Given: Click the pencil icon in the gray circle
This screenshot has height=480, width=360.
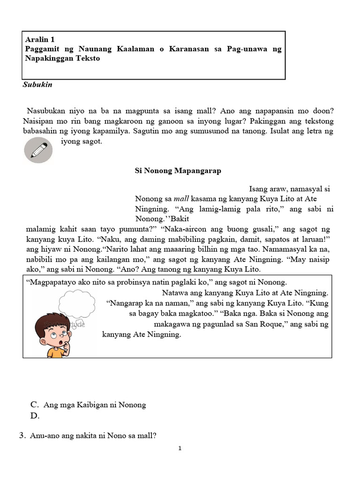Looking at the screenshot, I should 38,150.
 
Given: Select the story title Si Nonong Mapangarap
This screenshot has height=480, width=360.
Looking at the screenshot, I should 178,171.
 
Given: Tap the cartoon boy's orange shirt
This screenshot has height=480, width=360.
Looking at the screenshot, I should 56,352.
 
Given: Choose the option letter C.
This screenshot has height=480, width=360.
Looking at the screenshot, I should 34,405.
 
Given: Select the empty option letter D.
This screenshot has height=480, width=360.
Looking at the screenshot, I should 34,415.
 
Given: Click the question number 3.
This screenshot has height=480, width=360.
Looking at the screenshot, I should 22,435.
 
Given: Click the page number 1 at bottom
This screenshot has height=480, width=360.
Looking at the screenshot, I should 180,449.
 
